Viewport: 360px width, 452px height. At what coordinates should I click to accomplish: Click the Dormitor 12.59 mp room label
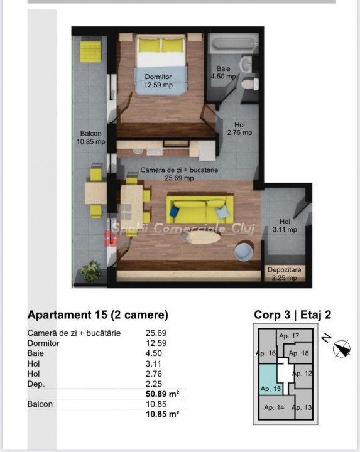158,81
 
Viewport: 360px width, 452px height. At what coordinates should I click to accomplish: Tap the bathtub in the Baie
233,44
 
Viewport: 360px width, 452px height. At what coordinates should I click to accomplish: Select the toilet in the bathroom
250,83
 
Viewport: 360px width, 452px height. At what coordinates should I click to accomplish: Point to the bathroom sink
246,63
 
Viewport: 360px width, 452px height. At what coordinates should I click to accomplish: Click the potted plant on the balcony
91,271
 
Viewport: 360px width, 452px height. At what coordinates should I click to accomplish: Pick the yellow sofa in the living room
200,210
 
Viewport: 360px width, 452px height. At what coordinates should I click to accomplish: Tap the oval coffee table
201,238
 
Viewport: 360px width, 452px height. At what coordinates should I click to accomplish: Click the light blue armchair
244,250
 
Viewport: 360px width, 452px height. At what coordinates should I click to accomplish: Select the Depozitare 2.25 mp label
284,274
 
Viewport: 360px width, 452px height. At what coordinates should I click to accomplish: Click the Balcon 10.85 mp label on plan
91,137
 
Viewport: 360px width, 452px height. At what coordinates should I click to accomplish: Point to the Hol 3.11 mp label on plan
285,225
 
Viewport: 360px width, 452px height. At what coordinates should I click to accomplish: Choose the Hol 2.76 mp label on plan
239,129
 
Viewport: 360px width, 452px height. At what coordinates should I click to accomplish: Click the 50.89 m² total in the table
162,394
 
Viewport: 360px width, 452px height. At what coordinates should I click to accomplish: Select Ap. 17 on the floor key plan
289,336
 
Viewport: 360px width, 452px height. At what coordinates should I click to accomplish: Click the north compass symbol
342,348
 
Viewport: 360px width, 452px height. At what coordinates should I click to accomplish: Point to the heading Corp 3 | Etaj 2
293,315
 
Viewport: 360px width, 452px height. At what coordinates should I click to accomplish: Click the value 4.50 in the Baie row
154,353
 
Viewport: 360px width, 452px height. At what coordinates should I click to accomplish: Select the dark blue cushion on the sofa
175,212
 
